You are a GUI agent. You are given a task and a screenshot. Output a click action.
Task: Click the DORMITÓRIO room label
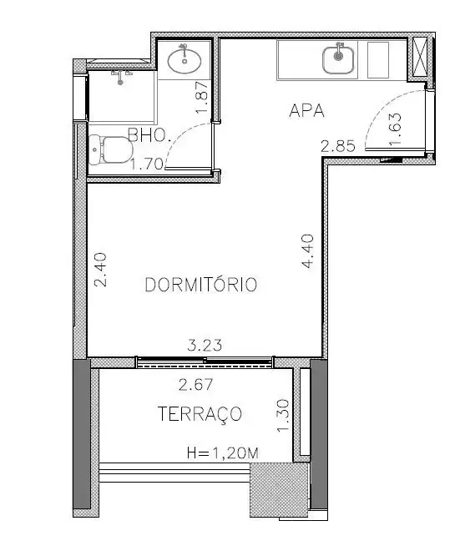pos(201,285)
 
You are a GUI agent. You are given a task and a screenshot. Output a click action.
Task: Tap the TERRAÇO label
pos(200,414)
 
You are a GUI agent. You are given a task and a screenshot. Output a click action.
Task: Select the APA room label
pos(306,111)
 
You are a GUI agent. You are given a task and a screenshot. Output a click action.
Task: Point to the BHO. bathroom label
pos(149,135)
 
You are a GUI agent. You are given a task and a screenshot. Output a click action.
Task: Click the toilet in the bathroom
pos(110,149)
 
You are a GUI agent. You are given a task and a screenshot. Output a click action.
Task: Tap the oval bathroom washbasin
pos(185,60)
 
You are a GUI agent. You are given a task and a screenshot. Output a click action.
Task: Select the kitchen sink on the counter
pos(338,59)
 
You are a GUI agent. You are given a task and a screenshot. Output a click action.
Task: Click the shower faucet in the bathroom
pos(120,78)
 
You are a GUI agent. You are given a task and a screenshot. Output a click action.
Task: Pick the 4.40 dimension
pos(307,250)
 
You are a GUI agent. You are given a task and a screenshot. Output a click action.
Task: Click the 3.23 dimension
pos(205,345)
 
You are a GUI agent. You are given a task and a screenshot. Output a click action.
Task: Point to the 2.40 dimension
pos(100,270)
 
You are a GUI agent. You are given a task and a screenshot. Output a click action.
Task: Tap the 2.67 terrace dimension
pos(195,385)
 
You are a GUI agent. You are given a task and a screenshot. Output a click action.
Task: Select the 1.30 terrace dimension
pos(283,416)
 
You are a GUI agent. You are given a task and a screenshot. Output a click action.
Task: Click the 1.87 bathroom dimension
pos(201,97)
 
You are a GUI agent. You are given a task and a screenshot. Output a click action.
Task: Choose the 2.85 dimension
pos(338,146)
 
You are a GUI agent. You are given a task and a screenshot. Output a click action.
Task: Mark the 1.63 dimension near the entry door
pos(395,129)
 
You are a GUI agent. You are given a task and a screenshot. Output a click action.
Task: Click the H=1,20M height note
pos(223,453)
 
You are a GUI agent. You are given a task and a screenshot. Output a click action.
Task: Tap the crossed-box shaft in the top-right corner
pos(420,58)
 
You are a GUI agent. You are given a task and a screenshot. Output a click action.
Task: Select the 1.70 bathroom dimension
pos(147,164)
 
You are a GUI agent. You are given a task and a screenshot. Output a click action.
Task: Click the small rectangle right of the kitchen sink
pos(378,60)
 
